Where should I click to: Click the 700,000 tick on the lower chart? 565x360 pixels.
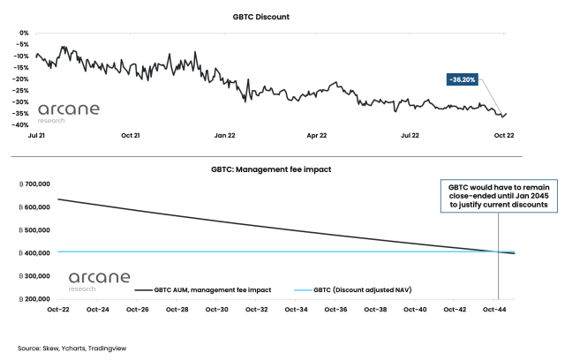tap(31, 184)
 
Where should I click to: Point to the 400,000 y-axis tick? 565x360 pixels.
tap(31, 253)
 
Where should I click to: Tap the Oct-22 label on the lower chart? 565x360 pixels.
tap(59, 310)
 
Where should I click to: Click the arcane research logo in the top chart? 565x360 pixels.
tap(69, 112)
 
